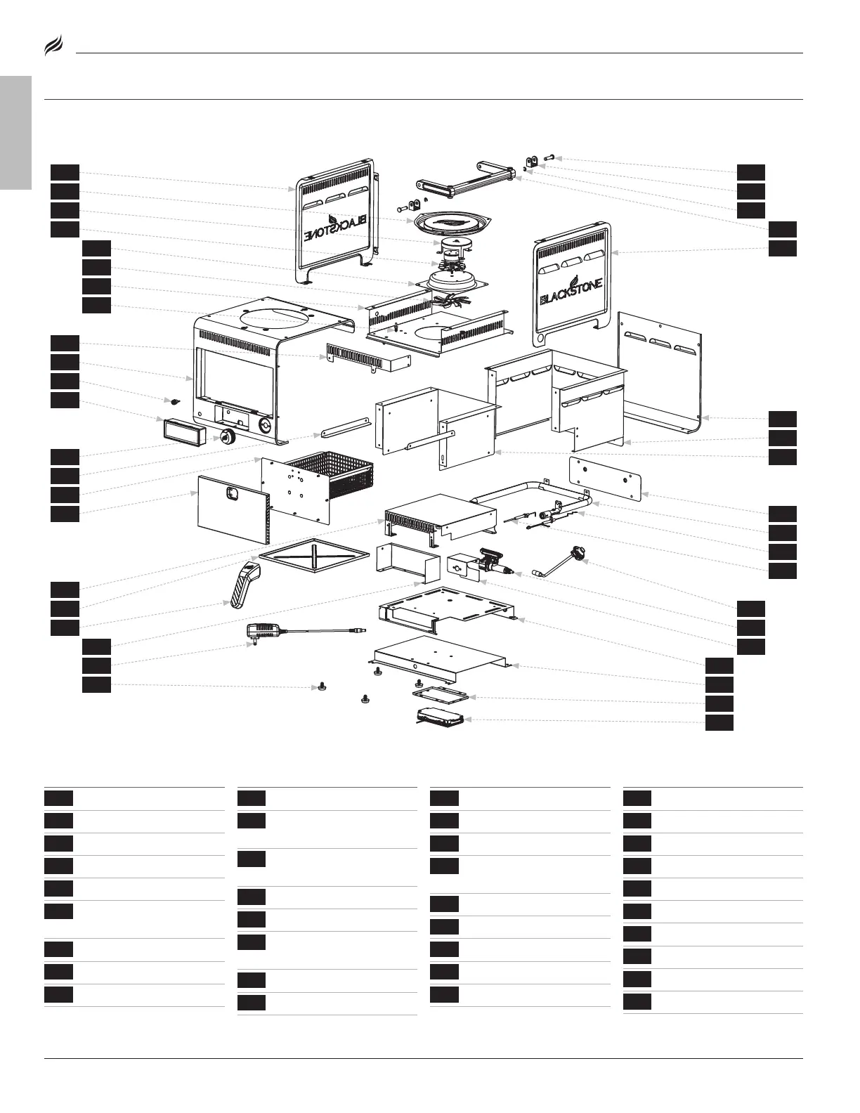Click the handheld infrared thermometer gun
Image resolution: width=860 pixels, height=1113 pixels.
pos(245,582)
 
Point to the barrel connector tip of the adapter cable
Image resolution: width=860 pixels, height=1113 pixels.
pos(361,630)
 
